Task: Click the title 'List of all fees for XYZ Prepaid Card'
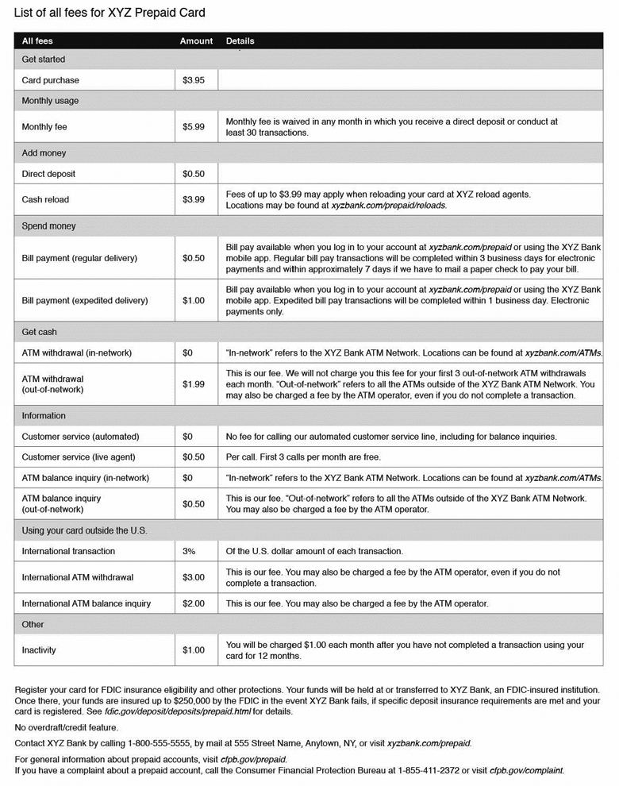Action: tap(110, 13)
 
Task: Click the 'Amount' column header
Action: tap(196, 40)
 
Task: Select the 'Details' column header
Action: tap(240, 40)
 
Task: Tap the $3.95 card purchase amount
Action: tap(194, 80)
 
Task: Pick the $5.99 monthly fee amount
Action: tap(194, 127)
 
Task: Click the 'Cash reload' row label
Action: tap(45, 199)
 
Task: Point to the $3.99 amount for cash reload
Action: tap(194, 199)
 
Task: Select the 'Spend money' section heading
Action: tap(48, 226)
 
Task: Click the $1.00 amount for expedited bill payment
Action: tap(194, 301)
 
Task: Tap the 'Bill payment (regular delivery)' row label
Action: tap(79, 258)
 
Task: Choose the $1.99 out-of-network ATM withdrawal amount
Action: tap(194, 384)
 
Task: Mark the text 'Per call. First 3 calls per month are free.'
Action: tap(303, 457)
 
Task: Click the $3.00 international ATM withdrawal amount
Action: tap(194, 577)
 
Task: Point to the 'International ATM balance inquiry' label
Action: tap(86, 603)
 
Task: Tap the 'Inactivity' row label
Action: tap(39, 650)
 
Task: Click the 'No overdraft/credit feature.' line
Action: tap(67, 727)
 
